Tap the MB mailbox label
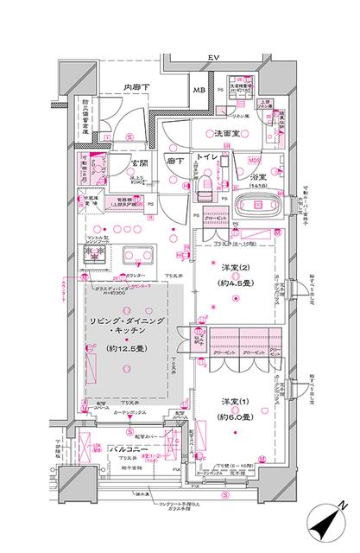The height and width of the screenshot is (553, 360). pyautogui.click(x=198, y=91)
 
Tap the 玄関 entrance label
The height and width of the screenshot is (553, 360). pyautogui.click(x=141, y=162)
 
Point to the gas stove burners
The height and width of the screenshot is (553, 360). pyautogui.click(x=92, y=256)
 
